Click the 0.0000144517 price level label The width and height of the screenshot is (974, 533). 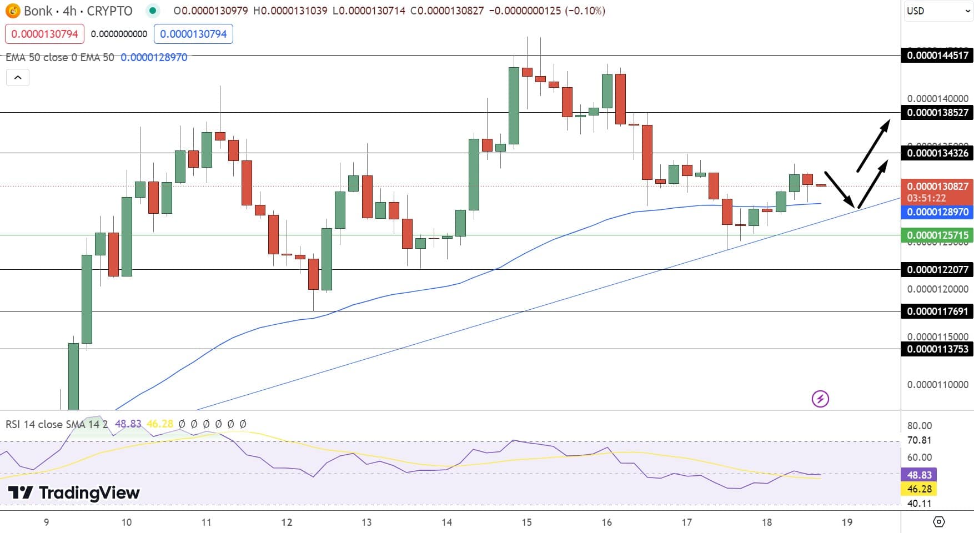coord(937,55)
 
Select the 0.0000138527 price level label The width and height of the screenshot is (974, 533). coord(937,112)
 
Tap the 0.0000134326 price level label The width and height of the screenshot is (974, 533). coord(937,153)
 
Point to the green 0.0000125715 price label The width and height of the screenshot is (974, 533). coord(937,235)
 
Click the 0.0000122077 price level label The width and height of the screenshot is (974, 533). coord(937,269)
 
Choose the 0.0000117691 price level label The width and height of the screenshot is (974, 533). coord(937,311)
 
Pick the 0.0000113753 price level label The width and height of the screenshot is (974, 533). coord(937,349)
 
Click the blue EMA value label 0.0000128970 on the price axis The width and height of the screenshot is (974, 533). coord(937,212)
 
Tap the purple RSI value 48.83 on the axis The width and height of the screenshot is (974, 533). coord(919,475)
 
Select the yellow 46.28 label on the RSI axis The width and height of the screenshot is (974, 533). coord(919,489)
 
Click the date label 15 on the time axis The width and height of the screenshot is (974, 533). coord(526,522)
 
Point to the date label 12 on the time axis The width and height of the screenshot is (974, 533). coord(287,522)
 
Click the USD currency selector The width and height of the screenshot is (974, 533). coord(938,11)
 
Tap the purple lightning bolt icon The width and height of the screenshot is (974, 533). coord(820,399)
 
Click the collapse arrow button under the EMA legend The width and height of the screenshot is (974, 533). coord(18,78)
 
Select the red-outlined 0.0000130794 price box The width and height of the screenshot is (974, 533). coord(44,34)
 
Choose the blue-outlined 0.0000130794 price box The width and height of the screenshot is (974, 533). coord(193,34)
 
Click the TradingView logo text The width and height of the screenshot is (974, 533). coord(74,492)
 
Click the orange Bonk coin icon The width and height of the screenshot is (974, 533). coord(12,11)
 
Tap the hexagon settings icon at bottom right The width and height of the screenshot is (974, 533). coord(938,522)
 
